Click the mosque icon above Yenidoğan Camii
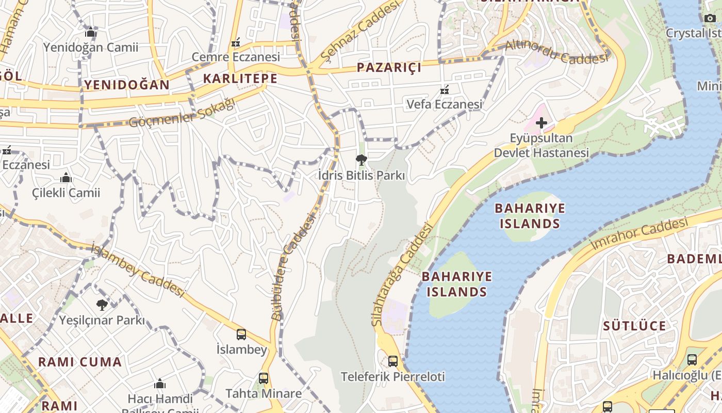pos(91,33)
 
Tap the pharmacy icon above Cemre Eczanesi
pos(236,42)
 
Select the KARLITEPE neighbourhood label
pos(240,78)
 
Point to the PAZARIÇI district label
pos(389,67)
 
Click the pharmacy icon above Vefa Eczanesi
pos(444,90)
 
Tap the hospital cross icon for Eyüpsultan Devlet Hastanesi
pos(541,123)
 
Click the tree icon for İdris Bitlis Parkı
pos(361,160)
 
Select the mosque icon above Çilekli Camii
pos(65,178)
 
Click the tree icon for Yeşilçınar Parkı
pos(102,305)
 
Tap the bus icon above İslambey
pos(241,334)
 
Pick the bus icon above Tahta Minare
pos(264,378)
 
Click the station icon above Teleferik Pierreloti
pos(392,361)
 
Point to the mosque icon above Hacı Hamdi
pos(160,384)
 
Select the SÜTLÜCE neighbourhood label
pos(634,326)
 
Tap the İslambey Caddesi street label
pos(138,270)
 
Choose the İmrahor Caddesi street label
pos(639,234)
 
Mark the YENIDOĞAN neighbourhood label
pos(127,85)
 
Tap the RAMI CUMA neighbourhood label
pos(80,362)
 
